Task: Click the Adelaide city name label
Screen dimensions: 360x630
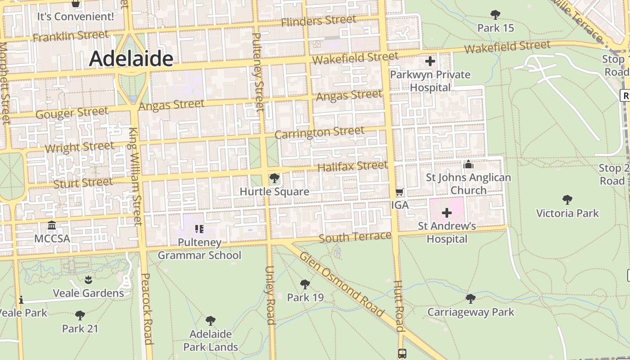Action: tap(131, 59)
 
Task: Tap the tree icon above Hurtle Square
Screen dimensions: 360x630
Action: tap(274, 179)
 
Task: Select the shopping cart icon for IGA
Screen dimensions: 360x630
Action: tap(399, 192)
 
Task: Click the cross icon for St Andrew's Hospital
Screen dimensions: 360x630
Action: tap(446, 212)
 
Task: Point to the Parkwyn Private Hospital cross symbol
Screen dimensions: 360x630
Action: tap(430, 61)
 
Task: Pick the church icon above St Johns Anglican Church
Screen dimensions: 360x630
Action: tap(468, 165)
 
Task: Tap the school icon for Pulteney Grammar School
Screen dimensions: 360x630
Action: tap(199, 229)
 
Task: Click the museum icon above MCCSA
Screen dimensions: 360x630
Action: tap(52, 225)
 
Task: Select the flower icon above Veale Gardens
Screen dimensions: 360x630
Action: tap(88, 279)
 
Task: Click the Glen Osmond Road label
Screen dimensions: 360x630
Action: tap(342, 285)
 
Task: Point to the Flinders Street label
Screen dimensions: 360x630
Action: tap(319, 21)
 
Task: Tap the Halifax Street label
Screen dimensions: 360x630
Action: tap(352, 166)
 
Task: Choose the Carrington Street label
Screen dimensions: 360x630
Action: tap(319, 133)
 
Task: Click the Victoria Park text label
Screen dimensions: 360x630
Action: tap(567, 213)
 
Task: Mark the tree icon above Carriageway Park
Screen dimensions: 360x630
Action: tap(470, 298)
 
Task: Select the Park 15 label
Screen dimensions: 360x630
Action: tap(495, 28)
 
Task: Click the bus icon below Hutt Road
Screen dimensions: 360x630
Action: tap(402, 354)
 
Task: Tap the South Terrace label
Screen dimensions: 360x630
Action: tap(355, 237)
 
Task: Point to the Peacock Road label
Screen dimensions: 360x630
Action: tap(147, 309)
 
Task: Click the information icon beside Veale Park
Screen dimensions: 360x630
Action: tap(21, 300)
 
